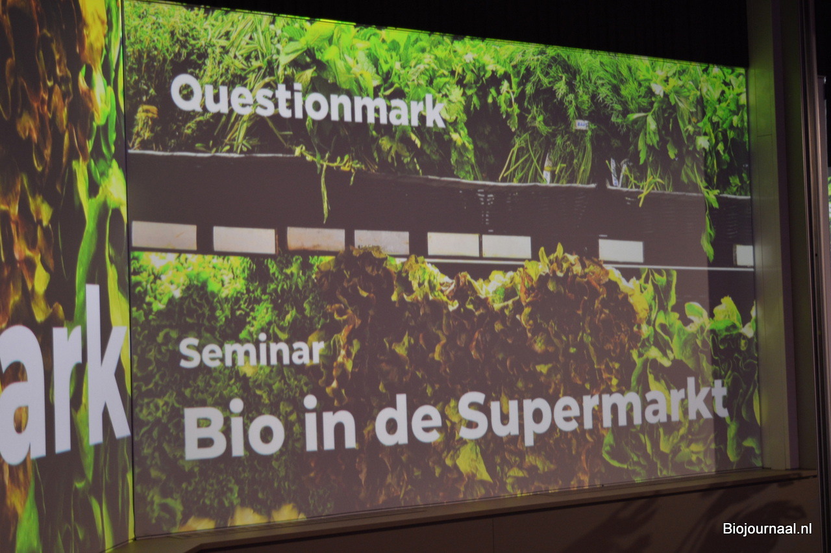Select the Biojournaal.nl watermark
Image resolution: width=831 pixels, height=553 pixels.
click(767, 528)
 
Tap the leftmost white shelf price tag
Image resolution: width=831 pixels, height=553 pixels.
click(164, 235)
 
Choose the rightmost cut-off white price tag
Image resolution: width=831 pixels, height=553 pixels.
click(745, 255)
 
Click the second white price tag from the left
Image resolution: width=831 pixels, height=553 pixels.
click(244, 240)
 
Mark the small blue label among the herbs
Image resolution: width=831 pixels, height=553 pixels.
click(582, 125)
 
